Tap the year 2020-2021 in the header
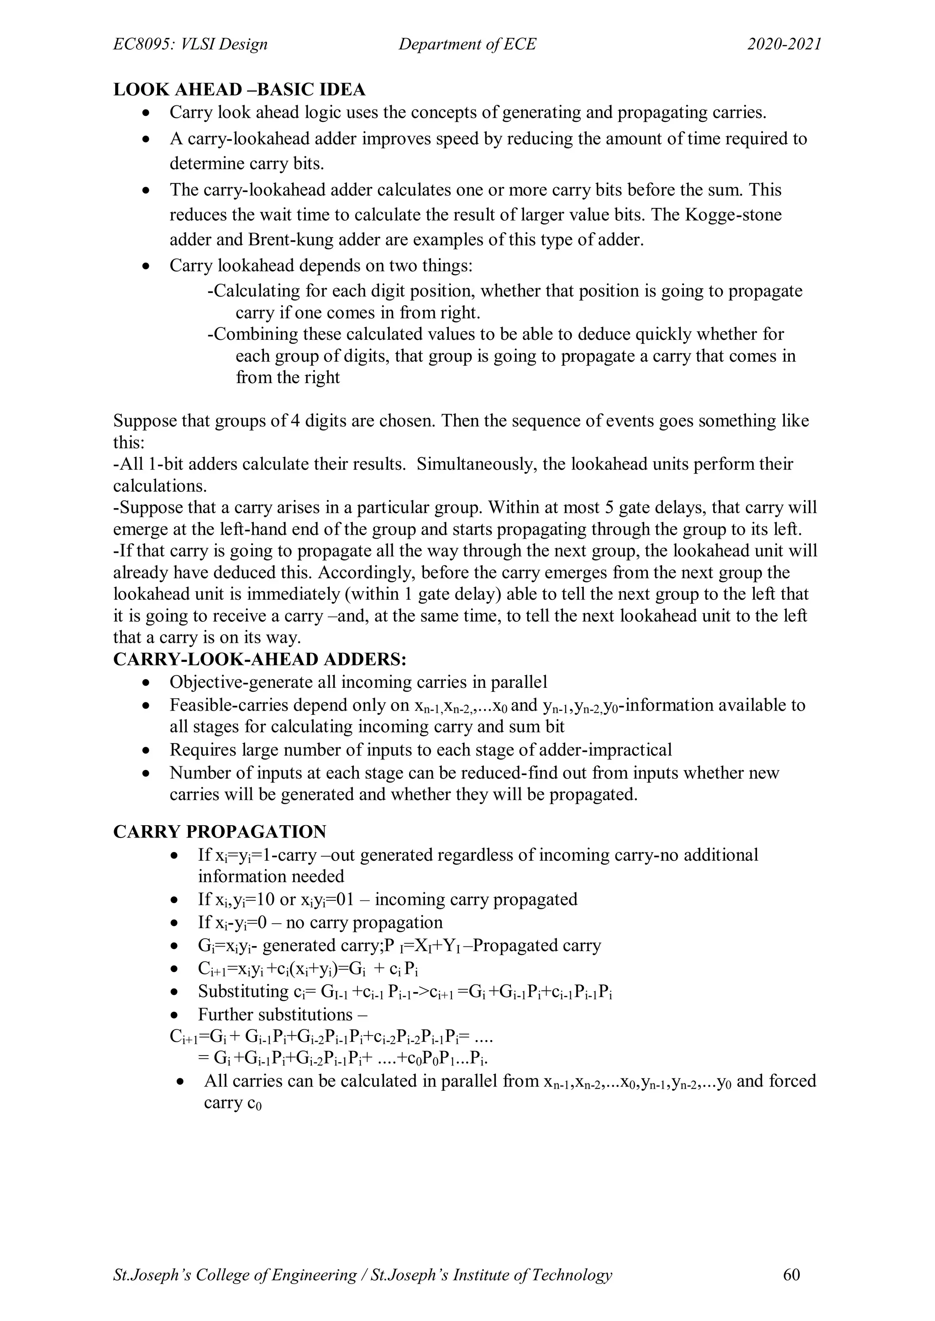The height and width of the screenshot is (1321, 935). click(x=784, y=44)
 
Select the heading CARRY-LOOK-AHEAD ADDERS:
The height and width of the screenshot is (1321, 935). click(x=260, y=659)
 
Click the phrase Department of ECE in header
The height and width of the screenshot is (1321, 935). click(x=467, y=44)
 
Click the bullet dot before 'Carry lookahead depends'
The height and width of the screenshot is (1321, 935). click(x=147, y=266)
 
